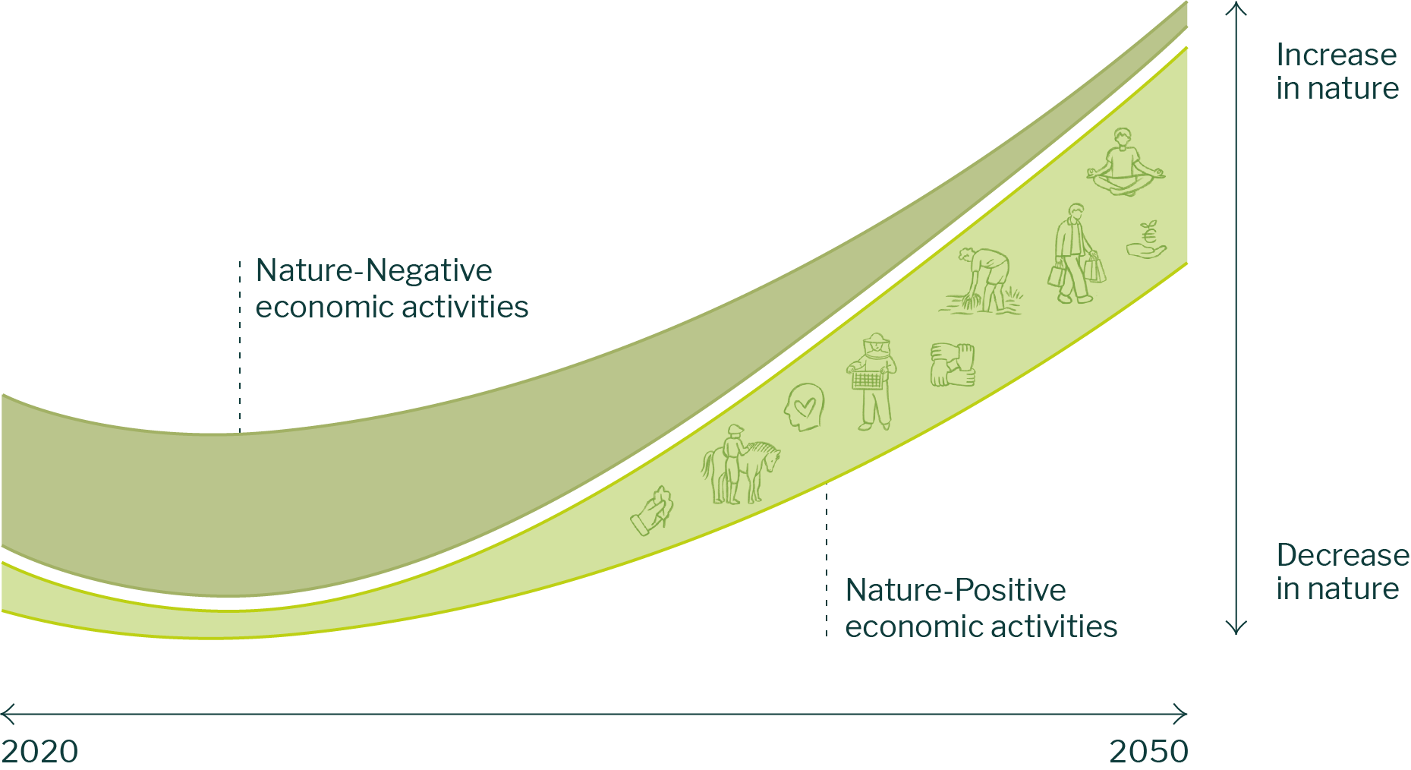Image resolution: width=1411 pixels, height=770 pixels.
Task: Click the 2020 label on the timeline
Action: tap(39, 751)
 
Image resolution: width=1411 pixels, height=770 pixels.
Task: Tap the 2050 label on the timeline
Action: tap(1148, 751)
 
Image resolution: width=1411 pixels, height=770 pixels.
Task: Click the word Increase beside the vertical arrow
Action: tap(1336, 55)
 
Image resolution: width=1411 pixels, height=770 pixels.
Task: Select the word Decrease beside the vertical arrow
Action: tap(1342, 555)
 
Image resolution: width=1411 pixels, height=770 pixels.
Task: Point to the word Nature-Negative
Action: tap(373, 270)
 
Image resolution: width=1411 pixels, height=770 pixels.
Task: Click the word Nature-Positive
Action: tap(955, 590)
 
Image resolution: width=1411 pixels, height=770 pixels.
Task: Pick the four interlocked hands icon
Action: tap(952, 364)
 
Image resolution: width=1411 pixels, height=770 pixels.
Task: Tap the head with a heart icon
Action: tap(804, 407)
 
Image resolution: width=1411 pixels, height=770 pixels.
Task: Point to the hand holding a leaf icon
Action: tap(653, 512)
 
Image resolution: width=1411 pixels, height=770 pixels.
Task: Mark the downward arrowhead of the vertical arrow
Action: tap(1236, 630)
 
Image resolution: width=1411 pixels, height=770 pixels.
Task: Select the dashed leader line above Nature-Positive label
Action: tap(827, 562)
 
